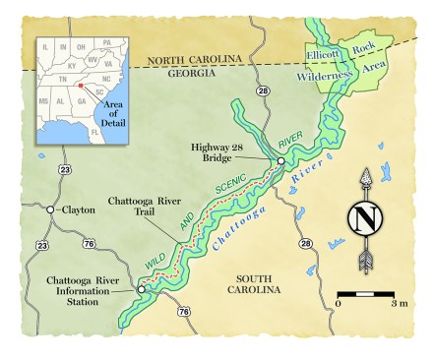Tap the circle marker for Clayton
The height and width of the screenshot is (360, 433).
coord(50,210)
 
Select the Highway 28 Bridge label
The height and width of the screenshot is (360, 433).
coord(231,153)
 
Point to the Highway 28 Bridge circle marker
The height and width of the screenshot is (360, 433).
coord(280,161)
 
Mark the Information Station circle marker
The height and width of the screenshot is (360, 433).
coord(141,289)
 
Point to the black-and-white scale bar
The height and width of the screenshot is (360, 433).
coord(366,293)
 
